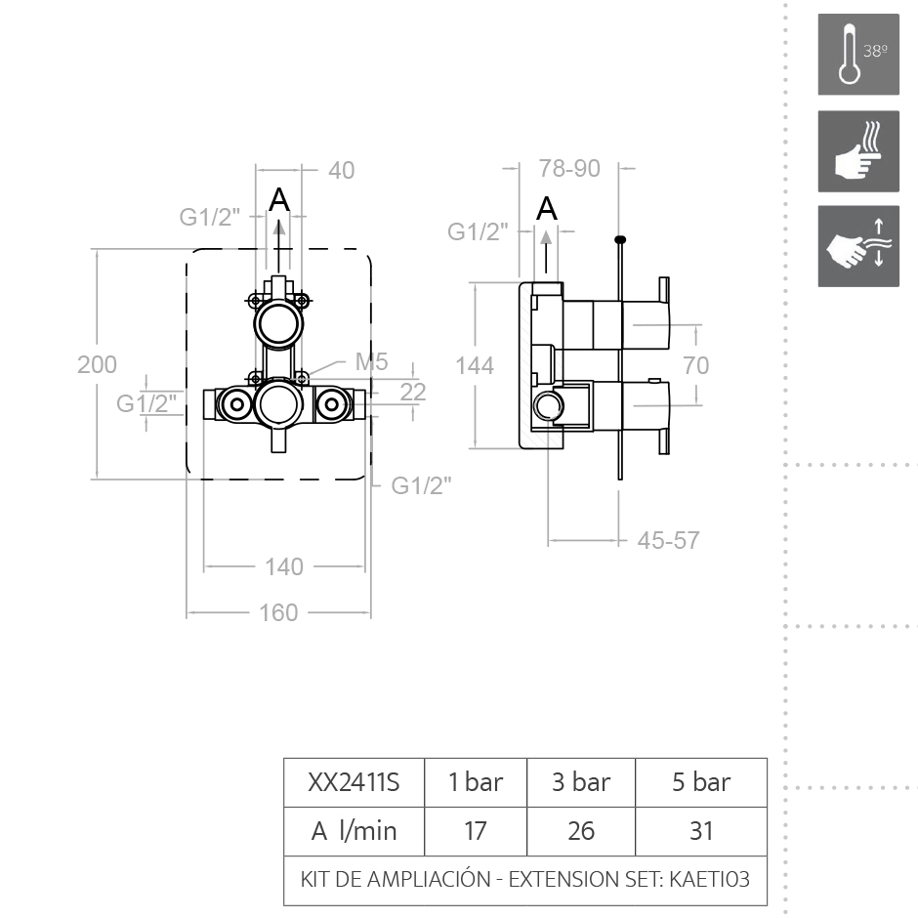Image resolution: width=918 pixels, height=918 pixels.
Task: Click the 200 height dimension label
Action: point(97,364)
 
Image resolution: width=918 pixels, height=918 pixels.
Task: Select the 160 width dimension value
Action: point(278,613)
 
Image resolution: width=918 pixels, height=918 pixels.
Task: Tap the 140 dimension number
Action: point(284,566)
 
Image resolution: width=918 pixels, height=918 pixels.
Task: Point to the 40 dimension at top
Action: point(341,170)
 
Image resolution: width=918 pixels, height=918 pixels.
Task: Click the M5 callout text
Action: point(371,362)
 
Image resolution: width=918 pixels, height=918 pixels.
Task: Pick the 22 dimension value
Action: point(413,392)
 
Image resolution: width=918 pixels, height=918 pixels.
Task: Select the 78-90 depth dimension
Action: point(569,169)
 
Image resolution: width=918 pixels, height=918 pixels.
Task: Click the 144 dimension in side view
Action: point(475,365)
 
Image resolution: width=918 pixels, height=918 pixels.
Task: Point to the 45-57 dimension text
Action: point(668,540)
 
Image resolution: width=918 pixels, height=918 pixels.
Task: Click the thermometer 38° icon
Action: point(858,55)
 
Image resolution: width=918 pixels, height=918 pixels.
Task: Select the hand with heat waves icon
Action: point(858,151)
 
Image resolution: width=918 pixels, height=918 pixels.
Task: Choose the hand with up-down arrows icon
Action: point(858,246)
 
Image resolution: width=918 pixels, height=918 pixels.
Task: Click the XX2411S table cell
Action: point(354,782)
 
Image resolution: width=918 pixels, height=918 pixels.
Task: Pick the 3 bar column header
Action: point(581,782)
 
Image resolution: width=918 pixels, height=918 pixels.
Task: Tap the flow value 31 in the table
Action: point(701,831)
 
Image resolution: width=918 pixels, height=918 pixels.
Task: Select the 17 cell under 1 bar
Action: point(476,831)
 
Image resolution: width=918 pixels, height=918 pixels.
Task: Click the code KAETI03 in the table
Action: point(709,879)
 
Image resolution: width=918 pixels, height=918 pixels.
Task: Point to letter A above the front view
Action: point(279,199)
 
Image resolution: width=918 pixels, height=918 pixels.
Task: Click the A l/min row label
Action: point(354,831)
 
